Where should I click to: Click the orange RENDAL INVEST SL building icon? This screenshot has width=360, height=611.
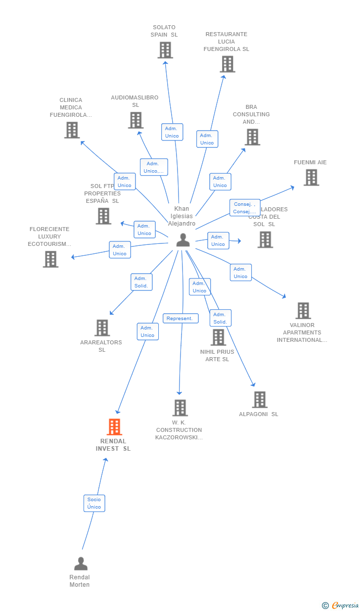[x=114, y=427]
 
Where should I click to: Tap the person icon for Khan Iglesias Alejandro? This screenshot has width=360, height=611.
[x=183, y=240]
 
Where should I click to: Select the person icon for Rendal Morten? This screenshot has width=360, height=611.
[x=81, y=564]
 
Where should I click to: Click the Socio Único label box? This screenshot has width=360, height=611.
[x=94, y=503]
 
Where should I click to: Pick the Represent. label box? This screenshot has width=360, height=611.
[x=180, y=319]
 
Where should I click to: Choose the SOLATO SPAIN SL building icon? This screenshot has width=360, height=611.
[x=165, y=50]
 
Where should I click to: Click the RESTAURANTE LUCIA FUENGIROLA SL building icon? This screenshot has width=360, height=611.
[x=227, y=64]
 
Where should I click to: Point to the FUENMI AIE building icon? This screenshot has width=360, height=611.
[x=311, y=178]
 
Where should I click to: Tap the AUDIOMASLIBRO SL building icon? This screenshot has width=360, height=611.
[x=135, y=120]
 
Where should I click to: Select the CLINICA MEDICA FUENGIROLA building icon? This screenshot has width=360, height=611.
[x=72, y=130]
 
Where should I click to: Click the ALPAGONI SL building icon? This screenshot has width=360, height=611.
[x=260, y=400]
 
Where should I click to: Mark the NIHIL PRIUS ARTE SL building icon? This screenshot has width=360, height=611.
[x=218, y=337]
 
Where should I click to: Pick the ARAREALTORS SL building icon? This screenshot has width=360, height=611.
[x=102, y=328]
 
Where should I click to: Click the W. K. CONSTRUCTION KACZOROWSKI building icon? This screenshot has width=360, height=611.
[x=180, y=408]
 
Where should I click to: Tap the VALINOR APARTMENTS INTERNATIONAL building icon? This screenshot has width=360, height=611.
[x=303, y=311]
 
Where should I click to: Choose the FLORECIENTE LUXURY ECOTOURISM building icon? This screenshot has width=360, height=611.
[x=50, y=259]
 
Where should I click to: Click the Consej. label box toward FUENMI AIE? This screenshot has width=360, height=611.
[x=245, y=208]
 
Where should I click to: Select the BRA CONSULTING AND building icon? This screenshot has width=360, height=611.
[x=252, y=137]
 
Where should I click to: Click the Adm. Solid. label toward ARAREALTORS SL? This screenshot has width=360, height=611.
[x=141, y=282]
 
